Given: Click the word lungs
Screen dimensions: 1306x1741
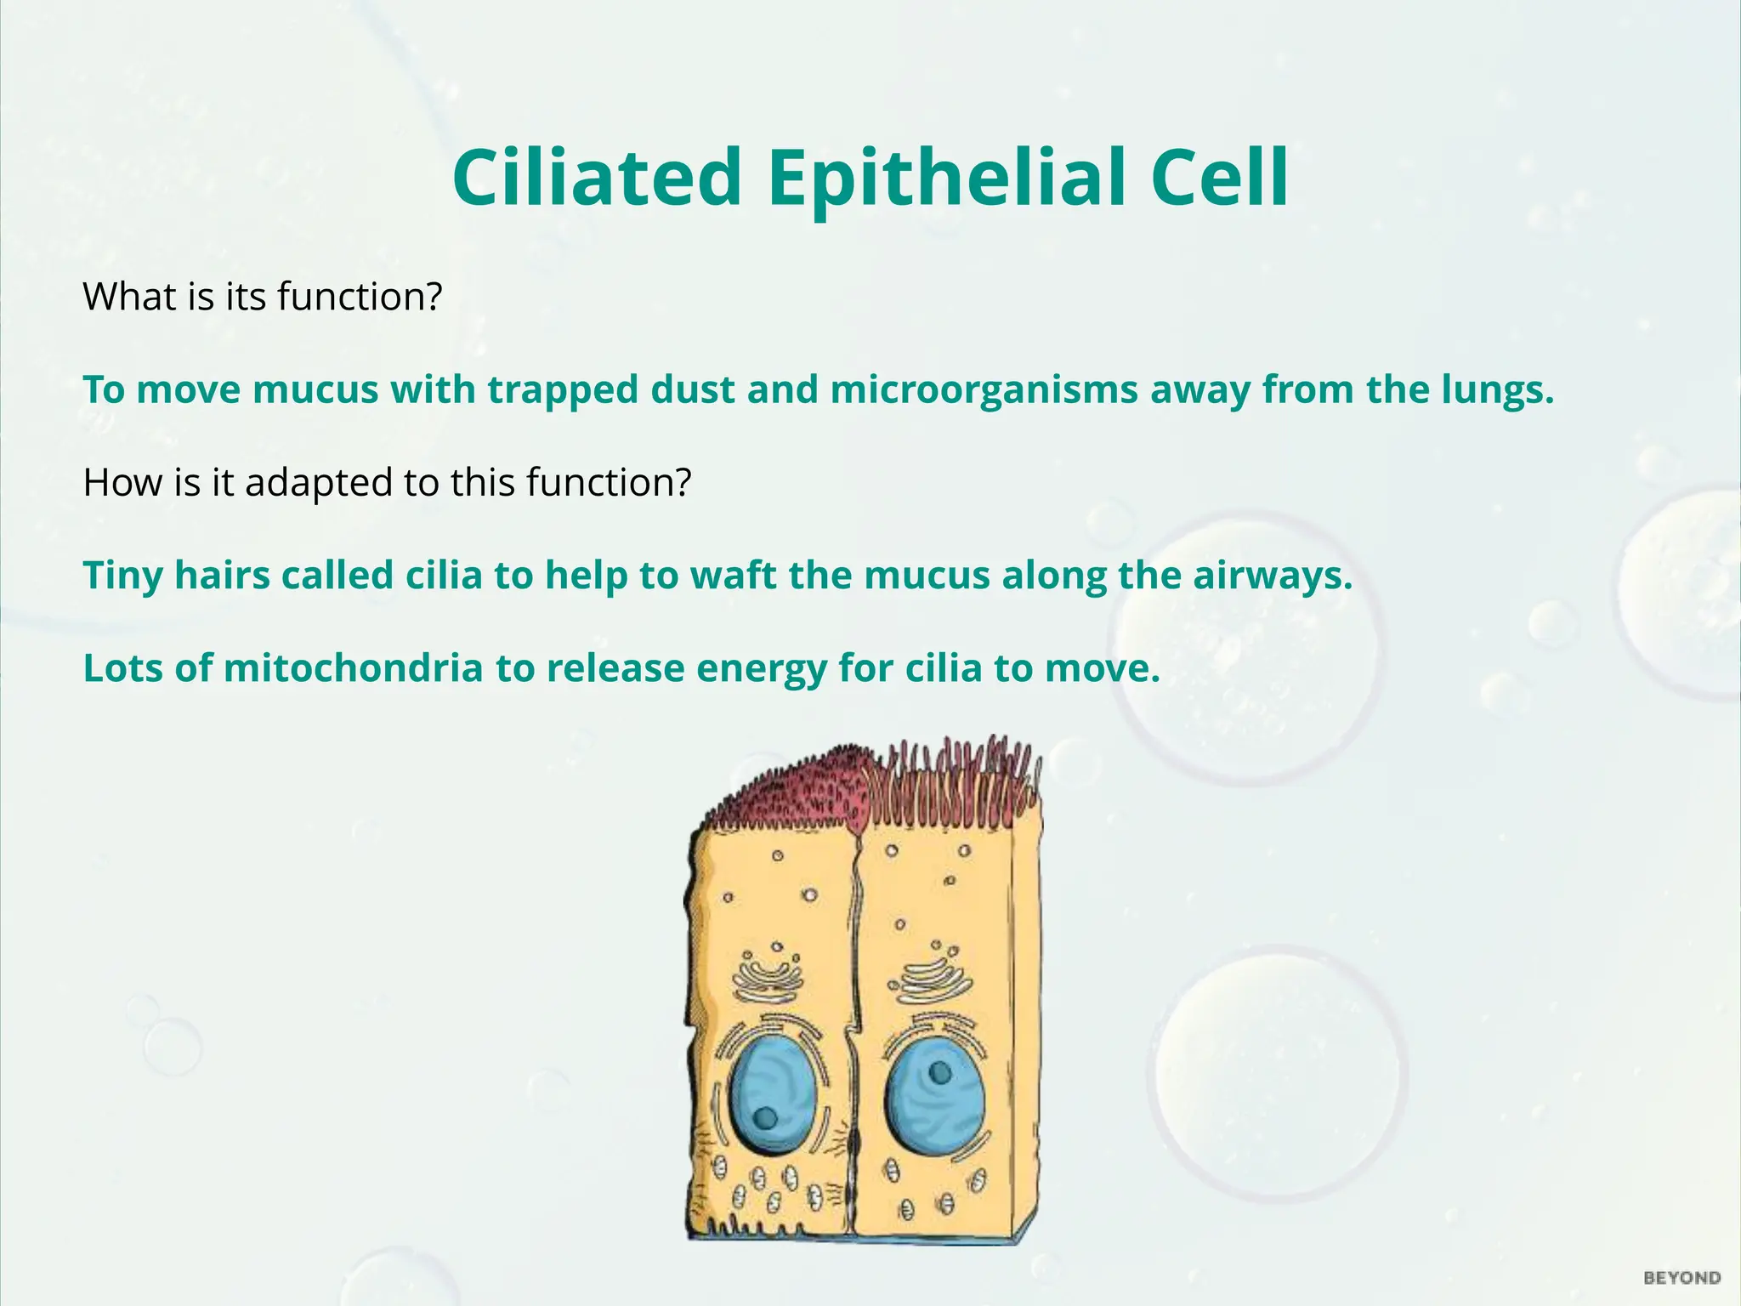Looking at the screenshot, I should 1497,389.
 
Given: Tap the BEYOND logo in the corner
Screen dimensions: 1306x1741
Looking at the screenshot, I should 1682,1278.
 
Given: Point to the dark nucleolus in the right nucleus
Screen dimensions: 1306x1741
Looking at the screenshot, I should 940,1073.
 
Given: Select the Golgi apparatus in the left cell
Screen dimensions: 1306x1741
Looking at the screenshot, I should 770,978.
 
